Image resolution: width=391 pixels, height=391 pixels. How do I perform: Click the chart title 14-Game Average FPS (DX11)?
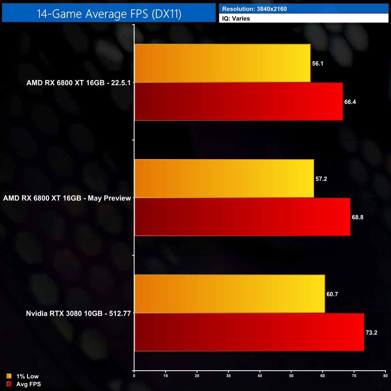(x=109, y=14)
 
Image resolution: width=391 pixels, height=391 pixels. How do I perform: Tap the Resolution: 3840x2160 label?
(x=254, y=9)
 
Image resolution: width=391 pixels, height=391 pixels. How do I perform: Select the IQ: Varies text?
(x=236, y=19)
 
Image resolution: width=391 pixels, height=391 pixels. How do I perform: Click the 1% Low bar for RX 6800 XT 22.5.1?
(x=222, y=63)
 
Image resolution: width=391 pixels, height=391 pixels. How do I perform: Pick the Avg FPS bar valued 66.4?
(x=239, y=102)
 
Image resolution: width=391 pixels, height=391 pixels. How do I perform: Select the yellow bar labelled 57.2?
(x=224, y=178)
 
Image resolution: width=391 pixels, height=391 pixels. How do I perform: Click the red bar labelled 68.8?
(x=242, y=217)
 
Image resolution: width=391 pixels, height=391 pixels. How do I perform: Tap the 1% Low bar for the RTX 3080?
(x=229, y=294)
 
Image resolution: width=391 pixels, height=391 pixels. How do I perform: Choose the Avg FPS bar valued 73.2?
(x=249, y=332)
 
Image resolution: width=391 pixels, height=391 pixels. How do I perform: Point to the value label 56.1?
(x=318, y=63)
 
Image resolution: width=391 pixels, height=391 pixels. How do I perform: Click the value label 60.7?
(x=332, y=294)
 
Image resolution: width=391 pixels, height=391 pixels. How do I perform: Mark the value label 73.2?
(x=371, y=333)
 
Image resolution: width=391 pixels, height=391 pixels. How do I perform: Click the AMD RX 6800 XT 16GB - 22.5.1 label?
(x=79, y=83)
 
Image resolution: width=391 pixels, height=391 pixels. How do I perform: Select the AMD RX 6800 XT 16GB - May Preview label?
(x=67, y=198)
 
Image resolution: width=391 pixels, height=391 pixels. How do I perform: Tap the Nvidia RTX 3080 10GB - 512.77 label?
(x=79, y=313)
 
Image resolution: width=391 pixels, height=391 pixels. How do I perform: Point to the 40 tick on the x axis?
(x=260, y=376)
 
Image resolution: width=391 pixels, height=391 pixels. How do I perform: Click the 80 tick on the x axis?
(x=385, y=376)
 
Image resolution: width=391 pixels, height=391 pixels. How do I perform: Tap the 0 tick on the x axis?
(x=134, y=376)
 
